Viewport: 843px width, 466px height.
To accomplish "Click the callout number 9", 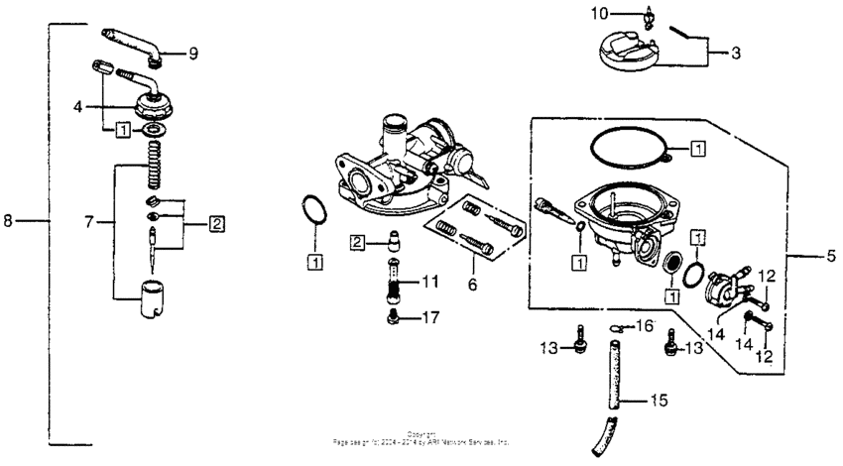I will click(193, 53).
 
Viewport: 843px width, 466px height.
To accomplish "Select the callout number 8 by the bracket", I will click(8, 221).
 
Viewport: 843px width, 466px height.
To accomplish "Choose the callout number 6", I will click(473, 283).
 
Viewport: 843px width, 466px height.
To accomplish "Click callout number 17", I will click(428, 318).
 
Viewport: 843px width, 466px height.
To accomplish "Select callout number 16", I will click(645, 324).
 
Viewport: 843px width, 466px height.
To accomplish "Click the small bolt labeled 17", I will click(394, 317).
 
